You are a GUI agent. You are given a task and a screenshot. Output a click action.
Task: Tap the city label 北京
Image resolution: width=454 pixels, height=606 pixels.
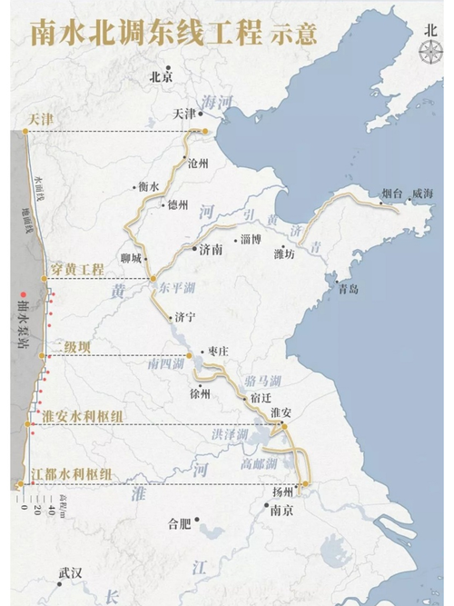tap(161, 77)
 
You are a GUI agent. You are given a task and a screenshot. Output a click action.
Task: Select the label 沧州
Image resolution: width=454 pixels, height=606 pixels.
tap(198, 164)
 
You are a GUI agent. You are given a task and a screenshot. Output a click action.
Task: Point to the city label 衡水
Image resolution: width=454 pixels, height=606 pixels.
tap(148, 186)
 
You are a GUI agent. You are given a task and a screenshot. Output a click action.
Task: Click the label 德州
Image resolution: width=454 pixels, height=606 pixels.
tap(178, 205)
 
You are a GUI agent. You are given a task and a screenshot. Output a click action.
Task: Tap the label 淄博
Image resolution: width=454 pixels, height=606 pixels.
tap(252, 240)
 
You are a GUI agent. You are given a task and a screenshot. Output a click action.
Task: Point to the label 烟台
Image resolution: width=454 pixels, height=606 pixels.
tap(392, 194)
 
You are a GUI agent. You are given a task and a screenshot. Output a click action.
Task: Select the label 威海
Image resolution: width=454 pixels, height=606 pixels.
tap(423, 194)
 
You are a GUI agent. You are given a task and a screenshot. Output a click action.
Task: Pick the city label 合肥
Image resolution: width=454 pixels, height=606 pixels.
tap(181, 523)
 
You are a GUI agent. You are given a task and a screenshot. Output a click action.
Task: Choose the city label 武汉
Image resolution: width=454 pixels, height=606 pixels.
tap(70, 573)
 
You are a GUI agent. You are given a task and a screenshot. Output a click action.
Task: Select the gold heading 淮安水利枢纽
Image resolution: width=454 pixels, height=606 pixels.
tap(78, 415)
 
